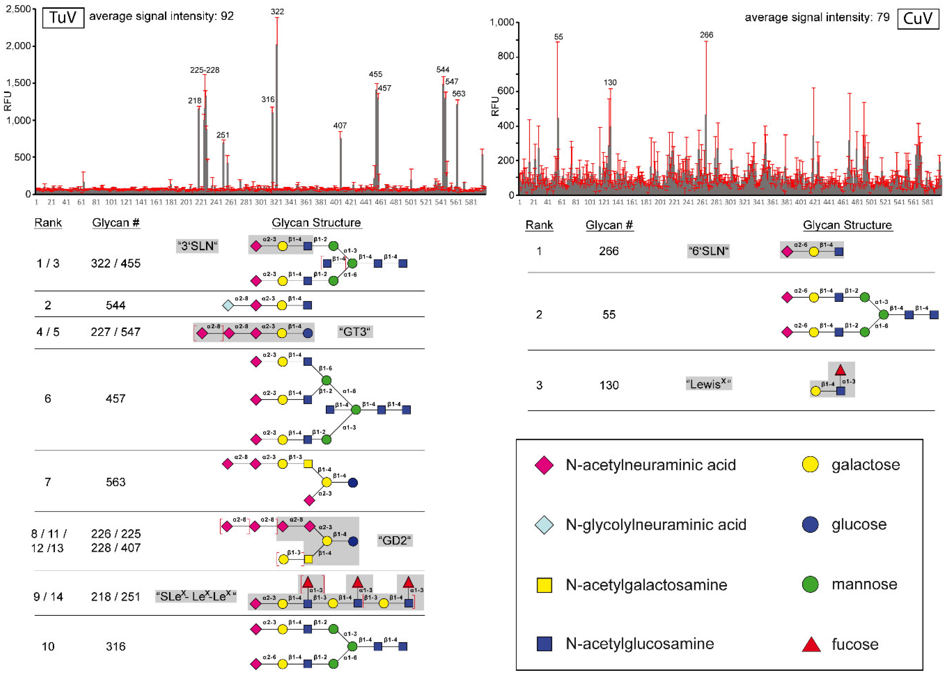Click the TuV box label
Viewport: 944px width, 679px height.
pyautogui.click(x=63, y=17)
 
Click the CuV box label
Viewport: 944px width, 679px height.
pyautogui.click(x=917, y=19)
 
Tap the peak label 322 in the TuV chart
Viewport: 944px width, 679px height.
pyautogui.click(x=277, y=12)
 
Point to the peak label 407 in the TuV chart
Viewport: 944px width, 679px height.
pyautogui.click(x=340, y=125)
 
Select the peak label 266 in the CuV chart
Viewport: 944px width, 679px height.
pyautogui.click(x=706, y=35)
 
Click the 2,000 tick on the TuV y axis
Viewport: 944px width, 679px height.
pyautogui.click(x=18, y=46)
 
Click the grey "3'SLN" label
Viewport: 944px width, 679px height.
pyautogui.click(x=197, y=246)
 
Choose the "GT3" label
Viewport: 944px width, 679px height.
pyautogui.click(x=355, y=332)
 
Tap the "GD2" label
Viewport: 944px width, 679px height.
pyautogui.click(x=395, y=540)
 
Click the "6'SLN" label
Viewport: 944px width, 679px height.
pyautogui.click(x=708, y=251)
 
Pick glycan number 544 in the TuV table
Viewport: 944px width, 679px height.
pyautogui.click(x=115, y=305)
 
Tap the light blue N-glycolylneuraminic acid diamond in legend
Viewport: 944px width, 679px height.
pyautogui.click(x=544, y=525)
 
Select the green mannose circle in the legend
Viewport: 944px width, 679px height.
pyautogui.click(x=810, y=584)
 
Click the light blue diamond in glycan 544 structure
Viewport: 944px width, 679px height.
pyautogui.click(x=228, y=306)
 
